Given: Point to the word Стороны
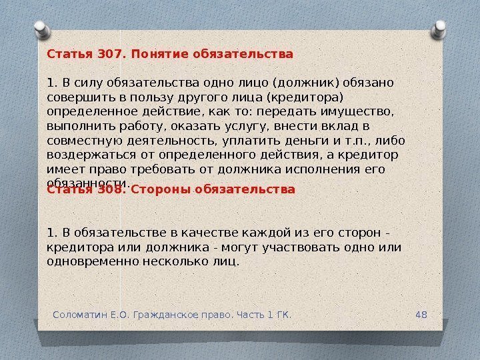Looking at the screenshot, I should point(161,189).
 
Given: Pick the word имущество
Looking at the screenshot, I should point(353,111).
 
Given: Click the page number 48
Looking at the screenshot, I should point(421,313).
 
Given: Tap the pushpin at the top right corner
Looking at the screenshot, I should point(439,29).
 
